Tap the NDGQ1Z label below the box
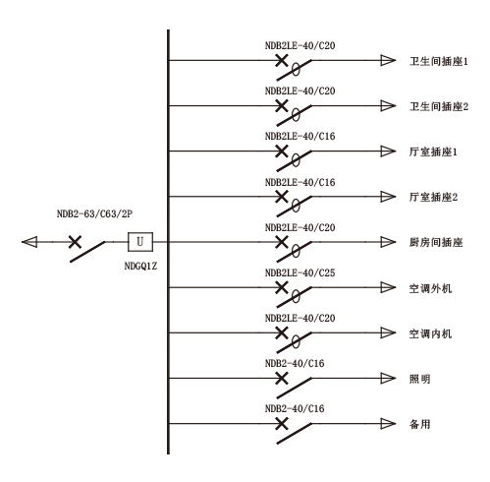click(x=140, y=266)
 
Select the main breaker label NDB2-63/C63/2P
click(x=94, y=213)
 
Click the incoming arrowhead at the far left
click(x=29, y=242)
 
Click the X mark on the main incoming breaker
click(x=75, y=242)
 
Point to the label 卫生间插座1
click(x=439, y=61)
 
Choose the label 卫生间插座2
click(x=439, y=106)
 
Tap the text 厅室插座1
click(x=433, y=151)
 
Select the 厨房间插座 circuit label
click(x=436, y=242)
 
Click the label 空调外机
click(x=430, y=288)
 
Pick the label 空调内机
click(x=430, y=333)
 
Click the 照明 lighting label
click(x=419, y=379)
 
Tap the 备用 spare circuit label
click(x=419, y=424)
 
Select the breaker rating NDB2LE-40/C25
click(x=300, y=272)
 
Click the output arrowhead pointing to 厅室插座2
click(x=388, y=197)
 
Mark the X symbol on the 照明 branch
click(x=282, y=378)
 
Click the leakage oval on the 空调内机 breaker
click(x=296, y=342)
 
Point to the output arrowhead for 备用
click(x=388, y=423)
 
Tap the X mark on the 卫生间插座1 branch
click(x=282, y=60)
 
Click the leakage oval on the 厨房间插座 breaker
click(x=296, y=251)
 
